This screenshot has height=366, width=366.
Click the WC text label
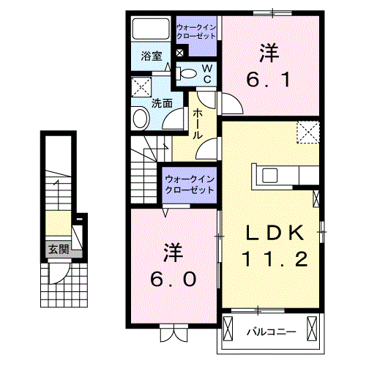click(x=207, y=72)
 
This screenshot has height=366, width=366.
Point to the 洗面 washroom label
click(x=161, y=103)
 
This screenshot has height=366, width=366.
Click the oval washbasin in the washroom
click(x=139, y=119)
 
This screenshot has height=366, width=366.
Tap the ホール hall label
click(x=198, y=124)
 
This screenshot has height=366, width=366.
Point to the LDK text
click(x=274, y=233)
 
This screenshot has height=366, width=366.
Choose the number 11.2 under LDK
click(x=275, y=259)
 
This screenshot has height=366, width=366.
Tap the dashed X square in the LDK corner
click(x=308, y=132)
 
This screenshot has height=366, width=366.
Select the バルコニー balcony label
click(x=271, y=332)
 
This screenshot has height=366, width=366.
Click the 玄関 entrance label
click(x=59, y=249)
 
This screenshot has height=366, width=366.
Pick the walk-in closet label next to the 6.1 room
click(x=195, y=31)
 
